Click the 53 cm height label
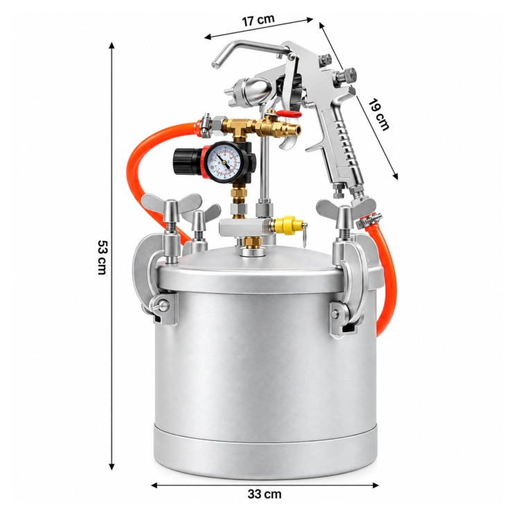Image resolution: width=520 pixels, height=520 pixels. tap(102, 257)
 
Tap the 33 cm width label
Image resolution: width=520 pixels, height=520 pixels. tap(264, 494)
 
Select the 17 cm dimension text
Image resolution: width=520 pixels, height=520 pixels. tap(258, 20)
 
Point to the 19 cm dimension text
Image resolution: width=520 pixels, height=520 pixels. tap(379, 114)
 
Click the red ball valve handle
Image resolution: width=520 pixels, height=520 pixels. tap(287, 114)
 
